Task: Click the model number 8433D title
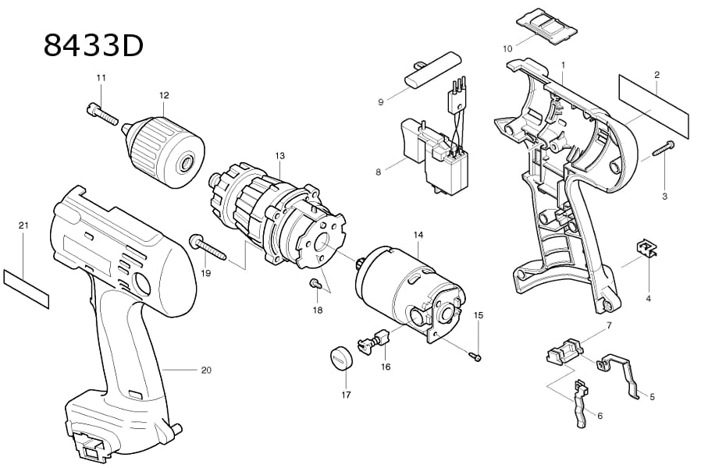tap(94, 45)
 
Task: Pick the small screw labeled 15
tap(475, 356)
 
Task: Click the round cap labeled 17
tap(340, 360)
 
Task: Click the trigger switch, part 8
tap(441, 156)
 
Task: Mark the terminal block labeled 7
tap(564, 348)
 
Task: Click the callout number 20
tap(206, 370)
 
